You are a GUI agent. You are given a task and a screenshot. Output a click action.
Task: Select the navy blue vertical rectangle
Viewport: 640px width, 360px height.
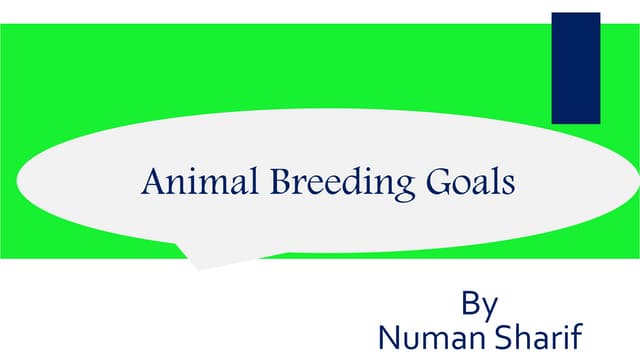click(576, 67)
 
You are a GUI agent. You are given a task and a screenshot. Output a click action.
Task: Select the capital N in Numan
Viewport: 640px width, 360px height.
click(388, 334)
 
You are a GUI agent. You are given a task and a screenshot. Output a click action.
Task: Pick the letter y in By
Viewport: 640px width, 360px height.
click(491, 306)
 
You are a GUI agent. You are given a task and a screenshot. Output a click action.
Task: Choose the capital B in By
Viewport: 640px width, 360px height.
click(471, 301)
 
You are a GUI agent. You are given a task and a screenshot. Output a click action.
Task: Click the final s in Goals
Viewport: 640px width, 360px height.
click(508, 186)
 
